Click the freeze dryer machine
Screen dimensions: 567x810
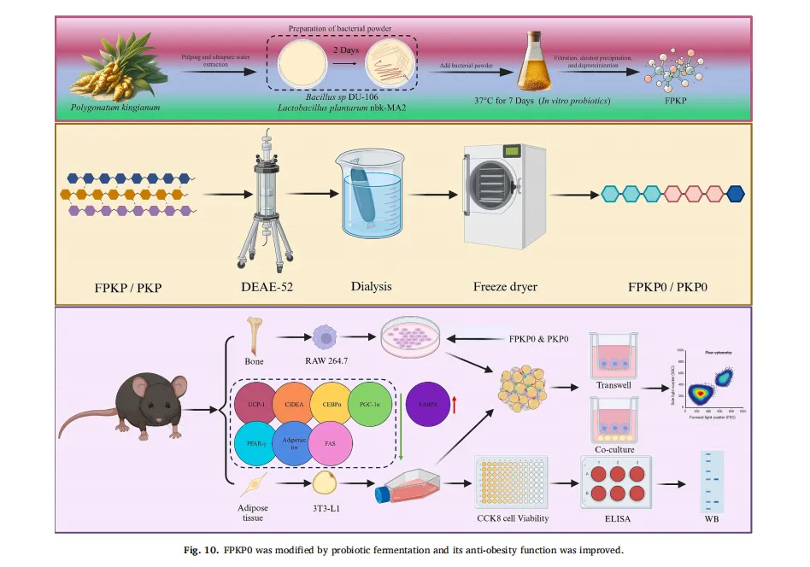click(x=504, y=197)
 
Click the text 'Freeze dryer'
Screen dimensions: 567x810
click(x=504, y=287)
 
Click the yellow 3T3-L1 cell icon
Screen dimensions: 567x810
click(x=325, y=484)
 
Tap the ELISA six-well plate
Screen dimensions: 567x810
click(x=615, y=483)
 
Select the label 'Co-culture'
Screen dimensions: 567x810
click(x=614, y=449)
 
